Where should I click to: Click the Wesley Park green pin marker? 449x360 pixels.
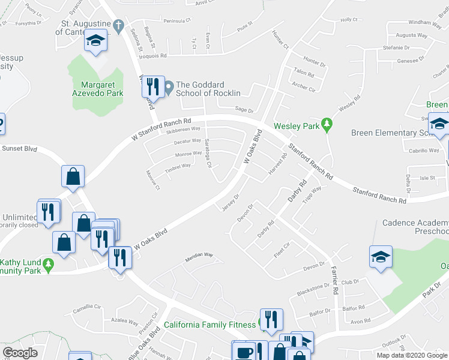click(x=327, y=125)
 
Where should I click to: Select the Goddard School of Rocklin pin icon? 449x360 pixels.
click(x=169, y=88)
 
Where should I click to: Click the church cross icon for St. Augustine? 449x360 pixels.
click(x=118, y=26)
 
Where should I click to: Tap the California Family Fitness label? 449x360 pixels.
click(x=210, y=326)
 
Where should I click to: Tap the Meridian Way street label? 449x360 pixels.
click(x=199, y=255)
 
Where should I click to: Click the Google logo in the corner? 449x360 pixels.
click(x=20, y=353)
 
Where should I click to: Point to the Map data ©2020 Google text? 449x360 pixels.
click(x=412, y=355)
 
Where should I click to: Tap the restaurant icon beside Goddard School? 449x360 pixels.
click(x=152, y=87)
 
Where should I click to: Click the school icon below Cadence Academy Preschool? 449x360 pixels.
click(x=381, y=257)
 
